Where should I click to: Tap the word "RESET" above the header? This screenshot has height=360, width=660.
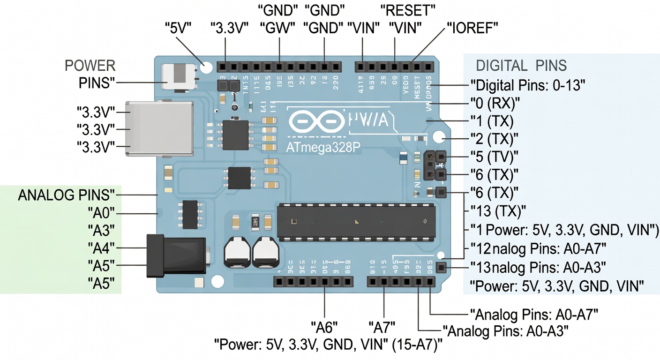coord(408,9)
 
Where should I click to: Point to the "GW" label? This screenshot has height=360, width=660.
coord(279,28)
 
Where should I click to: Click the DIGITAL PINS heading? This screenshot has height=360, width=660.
coord(521,65)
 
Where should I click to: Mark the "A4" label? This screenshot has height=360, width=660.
coord(101,247)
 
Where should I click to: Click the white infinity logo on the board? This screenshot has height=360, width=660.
coord(316,121)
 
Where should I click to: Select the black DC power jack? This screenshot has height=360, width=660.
coord(176,256)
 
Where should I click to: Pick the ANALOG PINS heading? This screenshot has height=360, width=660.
coord(66,195)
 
